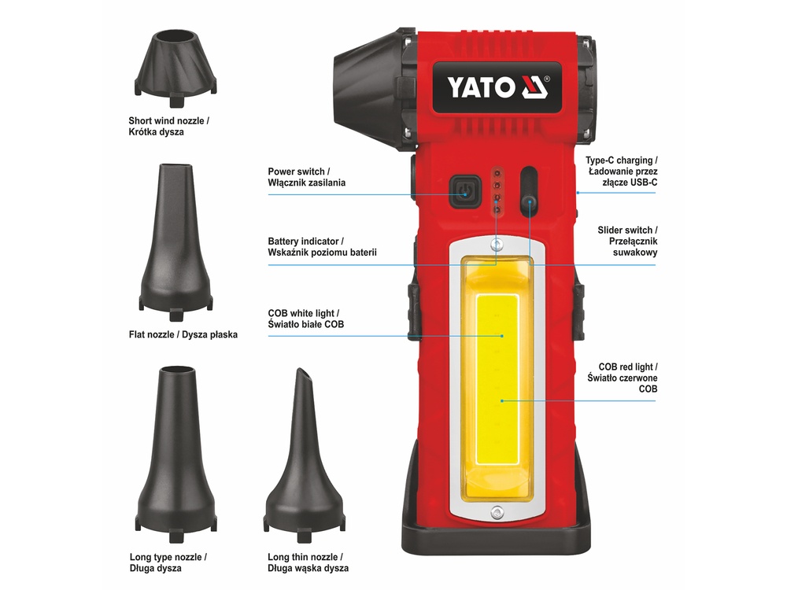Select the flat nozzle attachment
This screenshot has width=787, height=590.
pyautogui.click(x=176, y=242)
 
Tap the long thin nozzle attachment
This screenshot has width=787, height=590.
pyautogui.click(x=304, y=455)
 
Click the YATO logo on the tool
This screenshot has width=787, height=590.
pyautogui.click(x=497, y=87)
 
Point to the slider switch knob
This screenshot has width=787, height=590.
pyautogui.click(x=529, y=204)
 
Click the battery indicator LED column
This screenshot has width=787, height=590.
pyautogui.click(x=497, y=191)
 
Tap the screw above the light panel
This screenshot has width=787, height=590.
pyautogui.click(x=497, y=245)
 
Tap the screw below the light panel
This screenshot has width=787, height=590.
pyautogui.click(x=497, y=512)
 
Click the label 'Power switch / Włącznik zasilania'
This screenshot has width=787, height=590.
pyautogui.click(x=307, y=177)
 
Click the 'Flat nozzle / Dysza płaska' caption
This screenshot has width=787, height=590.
pyautogui.click(x=183, y=334)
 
